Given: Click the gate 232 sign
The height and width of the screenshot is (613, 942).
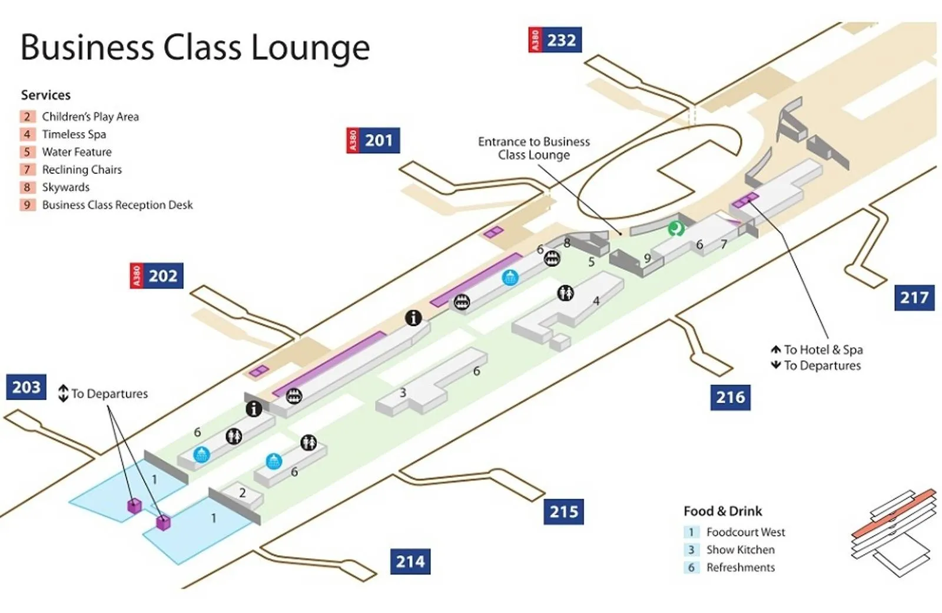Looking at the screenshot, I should (555, 40).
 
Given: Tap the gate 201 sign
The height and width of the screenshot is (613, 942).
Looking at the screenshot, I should (373, 140).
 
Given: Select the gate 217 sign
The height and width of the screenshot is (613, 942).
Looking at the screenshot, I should (914, 298).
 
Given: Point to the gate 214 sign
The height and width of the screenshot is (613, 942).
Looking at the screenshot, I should (410, 562).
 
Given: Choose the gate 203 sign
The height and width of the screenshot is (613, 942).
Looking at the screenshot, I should (26, 387).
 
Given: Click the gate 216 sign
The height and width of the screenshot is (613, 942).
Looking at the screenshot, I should (730, 397).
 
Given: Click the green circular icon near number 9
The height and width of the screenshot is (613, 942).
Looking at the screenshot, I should (676, 228).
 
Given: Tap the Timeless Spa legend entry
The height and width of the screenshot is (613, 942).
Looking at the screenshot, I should (74, 134).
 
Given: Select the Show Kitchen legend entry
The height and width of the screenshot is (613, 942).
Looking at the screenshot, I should (740, 550).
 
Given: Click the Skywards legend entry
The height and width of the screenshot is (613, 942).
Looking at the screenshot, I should (65, 187).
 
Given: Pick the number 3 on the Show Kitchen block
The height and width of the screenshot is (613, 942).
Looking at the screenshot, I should (403, 393).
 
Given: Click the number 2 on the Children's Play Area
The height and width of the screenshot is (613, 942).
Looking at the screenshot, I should (242, 493).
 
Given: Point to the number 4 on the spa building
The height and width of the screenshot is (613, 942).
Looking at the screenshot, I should (596, 301).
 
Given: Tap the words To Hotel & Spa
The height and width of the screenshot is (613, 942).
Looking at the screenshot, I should (823, 350).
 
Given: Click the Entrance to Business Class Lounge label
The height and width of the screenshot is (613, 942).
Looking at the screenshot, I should (533, 149).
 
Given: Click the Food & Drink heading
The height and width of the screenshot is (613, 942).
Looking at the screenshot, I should (722, 511).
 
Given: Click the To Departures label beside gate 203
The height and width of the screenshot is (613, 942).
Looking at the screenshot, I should (109, 394).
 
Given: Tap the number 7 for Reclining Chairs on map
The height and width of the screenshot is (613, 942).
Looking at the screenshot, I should (724, 244).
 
